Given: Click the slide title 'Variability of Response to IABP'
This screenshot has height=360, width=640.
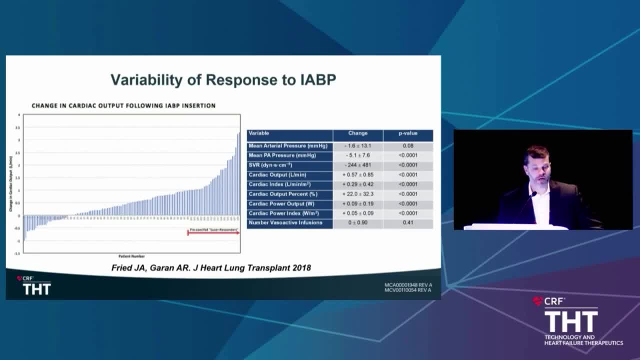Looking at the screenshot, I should click(223, 79).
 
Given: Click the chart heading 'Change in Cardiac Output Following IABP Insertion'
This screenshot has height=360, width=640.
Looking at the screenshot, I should click(123, 105).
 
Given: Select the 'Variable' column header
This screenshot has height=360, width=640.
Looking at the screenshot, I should click(259, 133).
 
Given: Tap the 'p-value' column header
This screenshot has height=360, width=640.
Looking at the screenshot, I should click(407, 133).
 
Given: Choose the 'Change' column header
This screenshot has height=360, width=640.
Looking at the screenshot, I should click(357, 133).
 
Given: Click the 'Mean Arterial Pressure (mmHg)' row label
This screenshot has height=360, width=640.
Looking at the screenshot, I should click(288, 146).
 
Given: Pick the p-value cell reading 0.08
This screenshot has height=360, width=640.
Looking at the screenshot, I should click(407, 146).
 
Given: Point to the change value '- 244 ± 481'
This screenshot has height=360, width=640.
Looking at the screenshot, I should click(357, 165).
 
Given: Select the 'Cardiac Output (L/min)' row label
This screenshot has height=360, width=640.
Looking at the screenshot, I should click(277, 175).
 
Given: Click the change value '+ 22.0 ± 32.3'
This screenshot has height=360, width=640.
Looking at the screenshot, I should click(357, 194).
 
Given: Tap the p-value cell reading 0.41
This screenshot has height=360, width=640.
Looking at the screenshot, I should click(407, 222).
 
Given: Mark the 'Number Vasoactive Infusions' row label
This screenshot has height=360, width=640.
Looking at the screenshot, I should click(285, 222).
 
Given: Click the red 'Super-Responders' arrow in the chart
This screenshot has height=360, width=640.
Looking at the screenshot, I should click(213, 232).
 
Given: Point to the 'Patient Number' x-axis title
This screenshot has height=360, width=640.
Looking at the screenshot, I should click(131, 256).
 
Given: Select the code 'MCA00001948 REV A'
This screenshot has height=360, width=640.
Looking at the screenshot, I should click(408, 285).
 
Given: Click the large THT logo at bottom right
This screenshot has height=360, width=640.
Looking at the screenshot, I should click(570, 321).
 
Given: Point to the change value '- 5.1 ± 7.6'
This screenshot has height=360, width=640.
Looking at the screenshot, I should click(357, 155).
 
